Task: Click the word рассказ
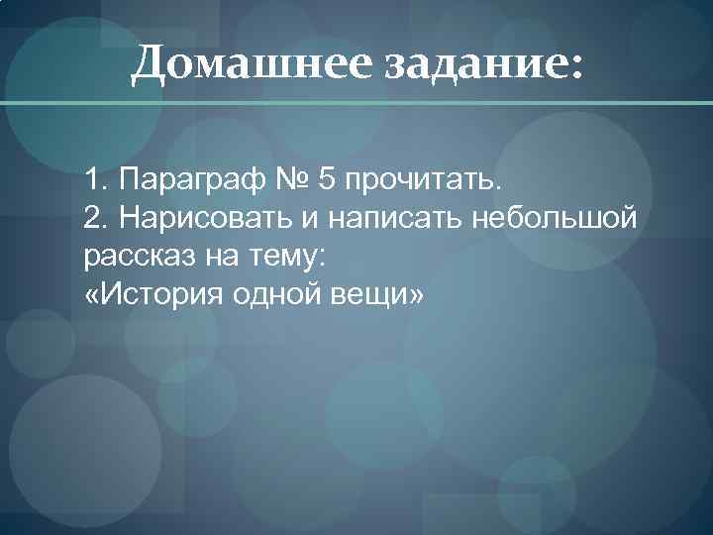point(133,257)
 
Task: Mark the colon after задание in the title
point(576,67)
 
